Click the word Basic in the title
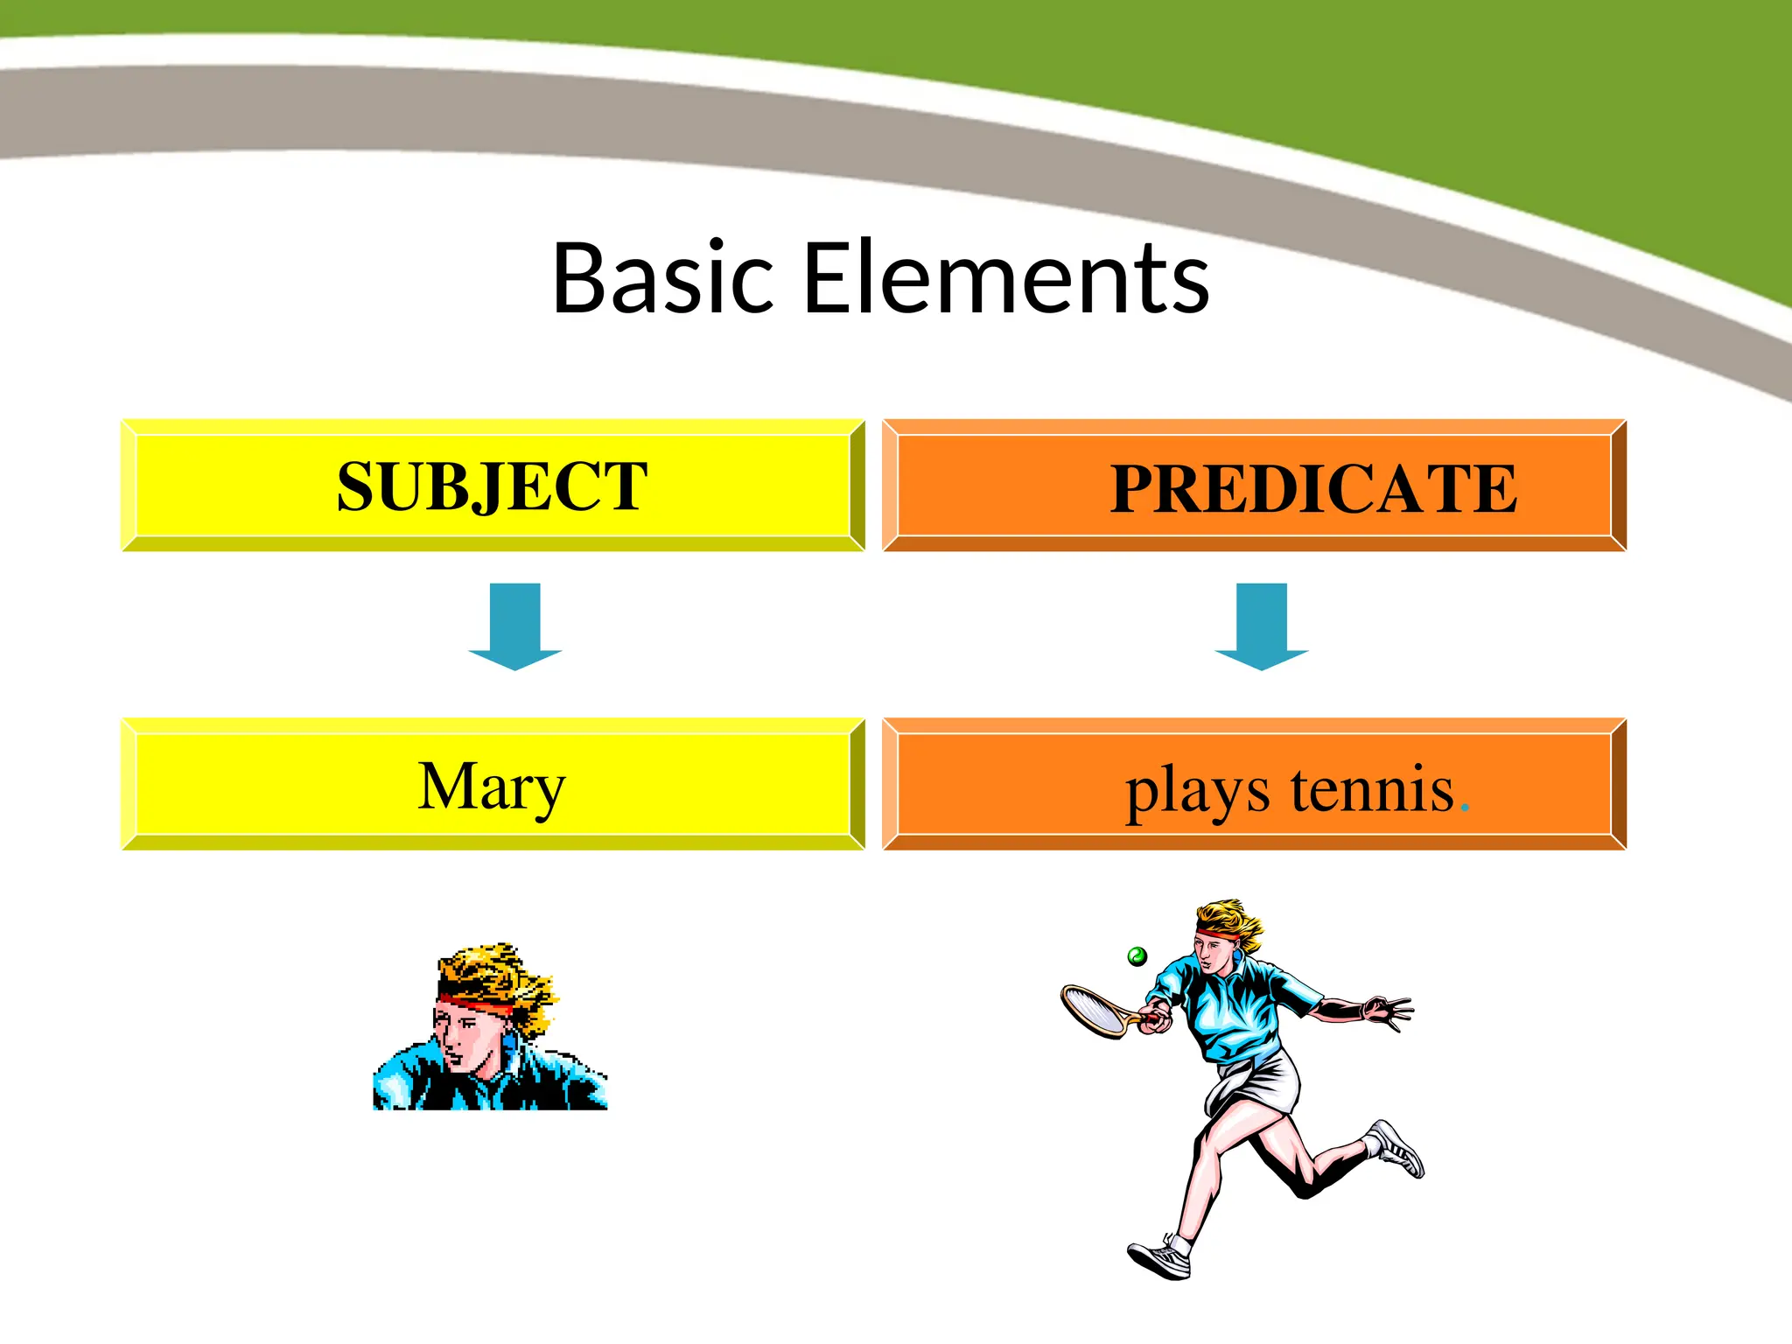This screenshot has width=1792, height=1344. [662, 278]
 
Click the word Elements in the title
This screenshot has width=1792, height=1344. [1006, 278]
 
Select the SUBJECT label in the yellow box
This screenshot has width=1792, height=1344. [492, 486]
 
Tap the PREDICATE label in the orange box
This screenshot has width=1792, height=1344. [1312, 488]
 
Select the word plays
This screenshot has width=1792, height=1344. [1196, 791]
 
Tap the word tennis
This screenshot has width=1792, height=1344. [1371, 789]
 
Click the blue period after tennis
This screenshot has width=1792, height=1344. [1465, 809]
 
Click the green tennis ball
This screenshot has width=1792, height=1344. [1137, 956]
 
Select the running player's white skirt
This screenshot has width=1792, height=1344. [1260, 1085]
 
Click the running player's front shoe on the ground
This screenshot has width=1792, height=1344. [1160, 1258]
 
